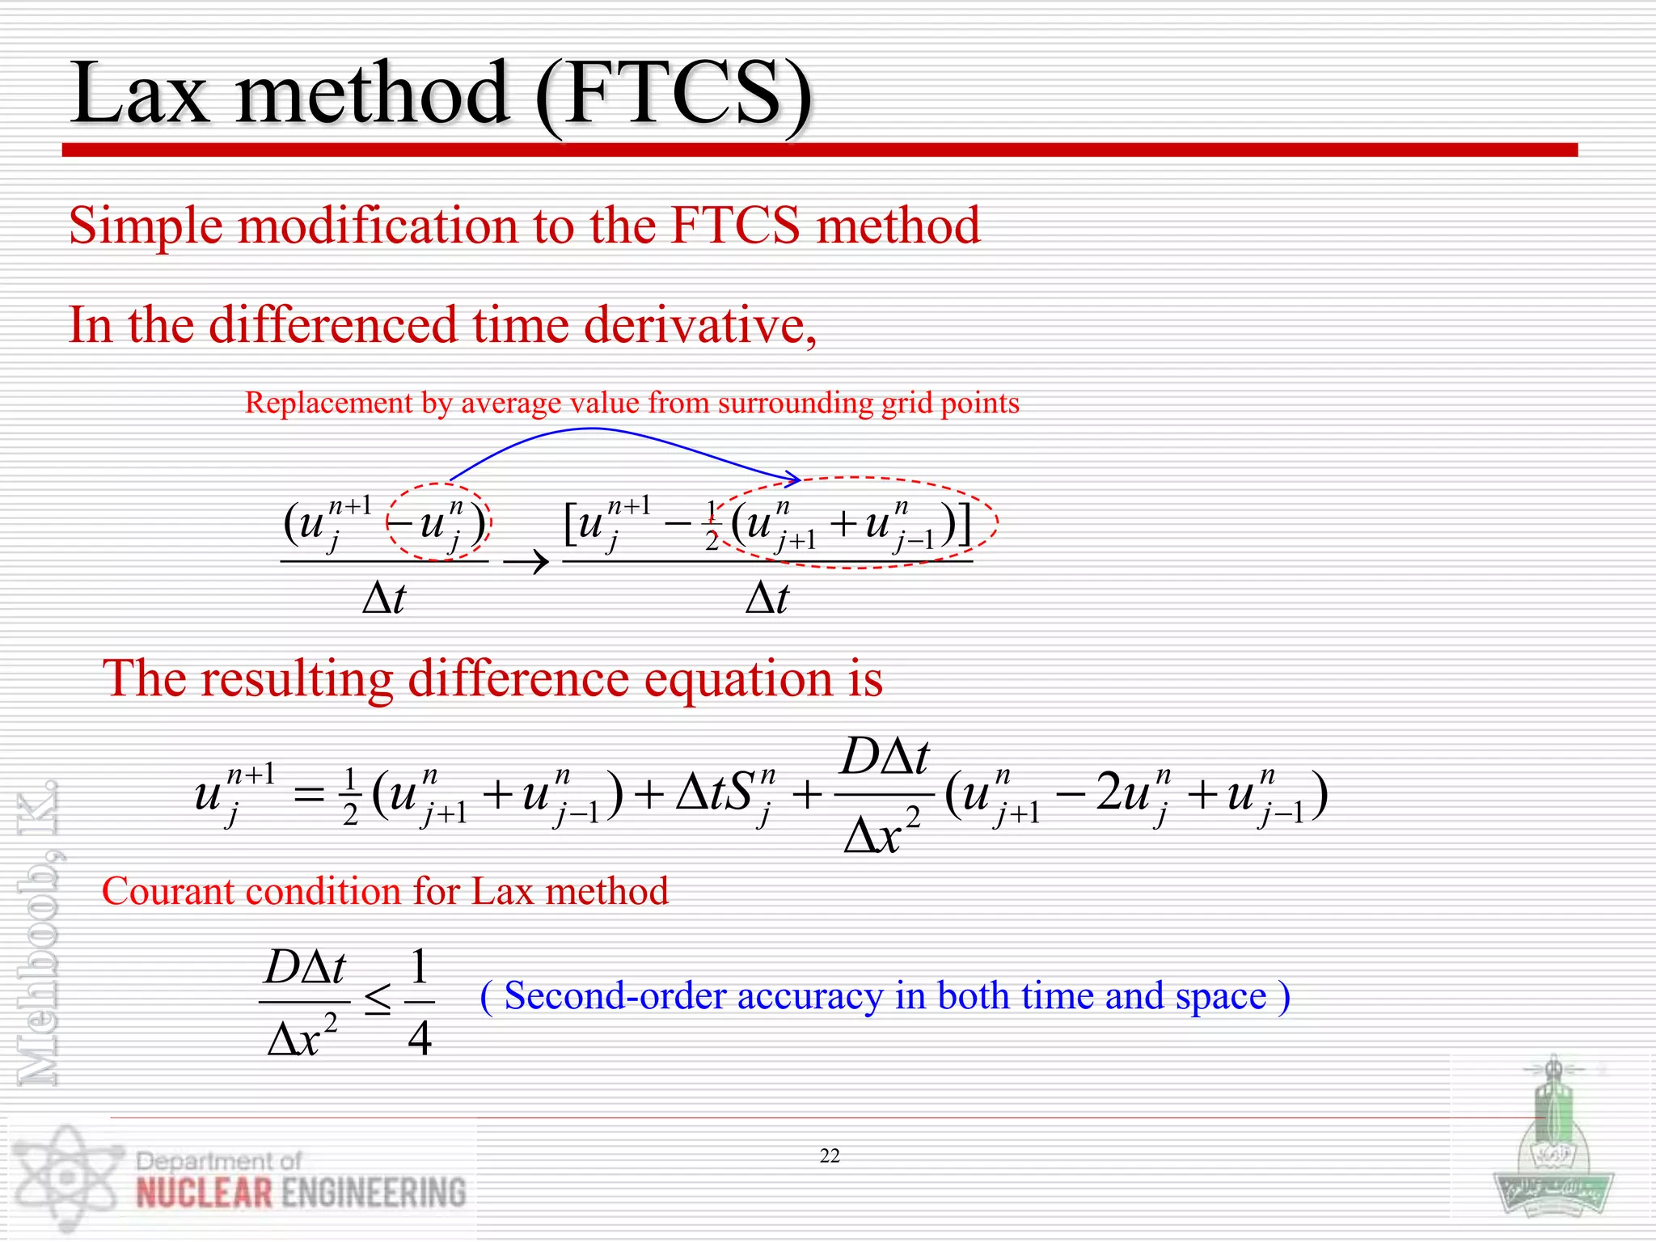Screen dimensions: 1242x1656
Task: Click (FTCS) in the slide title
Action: (673, 95)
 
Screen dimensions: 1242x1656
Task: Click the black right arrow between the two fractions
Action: (526, 560)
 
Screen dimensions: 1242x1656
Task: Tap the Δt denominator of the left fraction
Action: (384, 599)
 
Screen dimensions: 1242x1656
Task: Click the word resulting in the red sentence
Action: (296, 678)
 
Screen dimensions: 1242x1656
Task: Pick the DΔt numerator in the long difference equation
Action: (885, 758)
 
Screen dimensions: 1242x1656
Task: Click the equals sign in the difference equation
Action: (309, 795)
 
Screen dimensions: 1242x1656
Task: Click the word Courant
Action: (166, 891)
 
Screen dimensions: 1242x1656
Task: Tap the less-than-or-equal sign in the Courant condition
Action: (378, 1002)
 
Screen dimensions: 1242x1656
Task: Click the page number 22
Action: (830, 1156)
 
